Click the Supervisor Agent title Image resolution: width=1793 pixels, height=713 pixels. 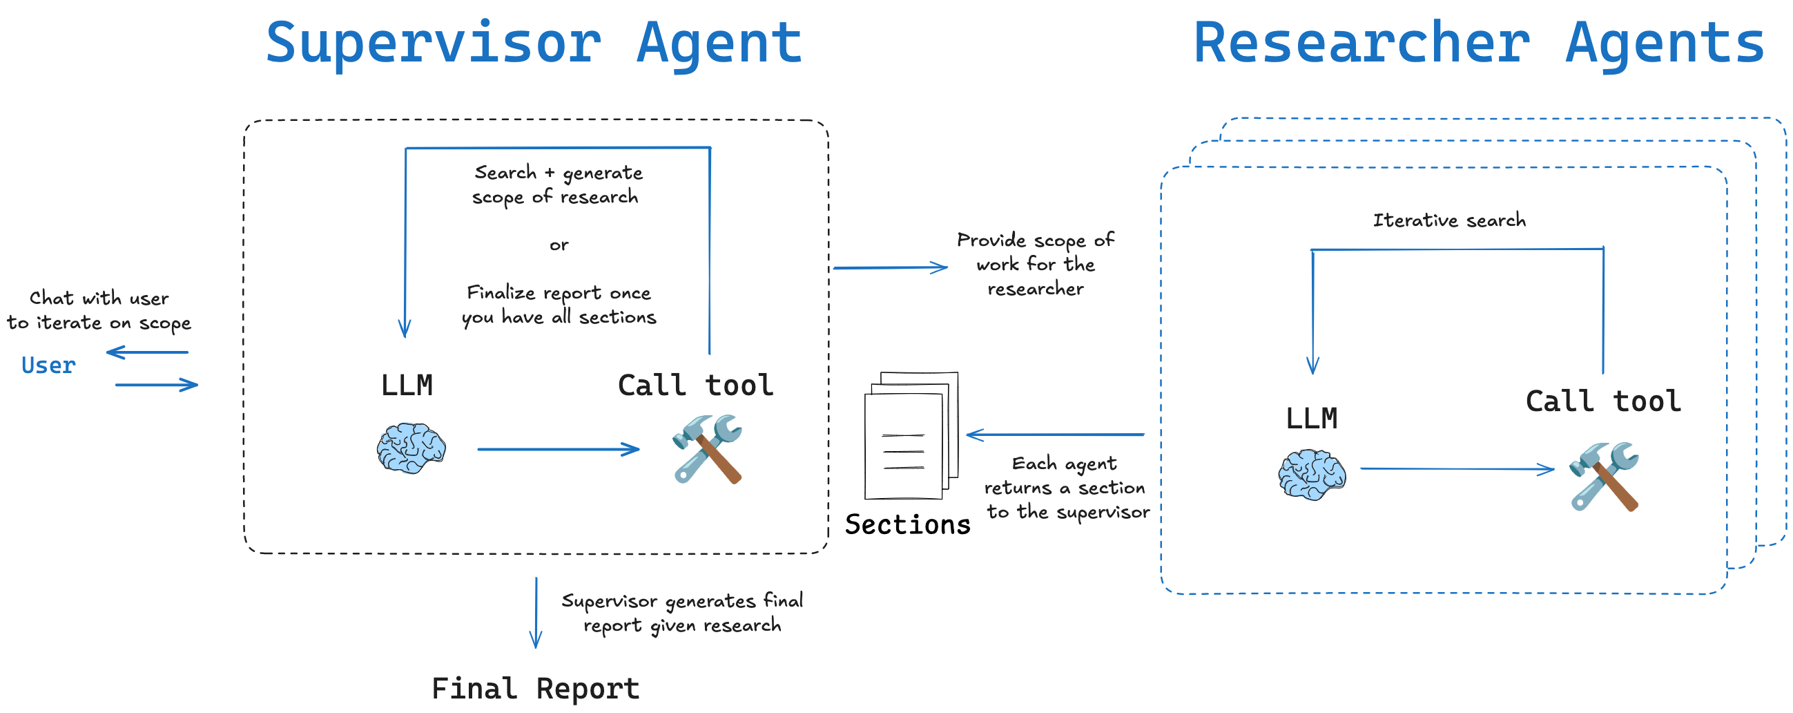coord(534,43)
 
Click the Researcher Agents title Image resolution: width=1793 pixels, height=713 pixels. coord(1478,43)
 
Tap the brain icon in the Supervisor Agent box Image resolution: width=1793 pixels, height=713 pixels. coord(411,448)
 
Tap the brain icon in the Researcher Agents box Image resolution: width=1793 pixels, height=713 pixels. coord(1312,475)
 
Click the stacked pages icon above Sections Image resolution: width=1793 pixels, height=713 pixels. coord(911,436)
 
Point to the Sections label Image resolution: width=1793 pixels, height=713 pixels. coord(907,524)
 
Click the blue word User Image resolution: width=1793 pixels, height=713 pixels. coord(48,365)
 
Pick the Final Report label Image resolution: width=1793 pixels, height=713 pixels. coord(535,689)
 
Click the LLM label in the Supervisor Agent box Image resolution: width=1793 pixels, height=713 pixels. coord(407,385)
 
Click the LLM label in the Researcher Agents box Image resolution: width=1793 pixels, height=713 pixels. coord(1311,418)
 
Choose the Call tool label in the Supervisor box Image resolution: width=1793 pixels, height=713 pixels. coord(695,385)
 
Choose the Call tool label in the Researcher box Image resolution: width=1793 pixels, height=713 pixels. coord(1603,401)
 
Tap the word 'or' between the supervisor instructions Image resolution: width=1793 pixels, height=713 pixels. coord(559,245)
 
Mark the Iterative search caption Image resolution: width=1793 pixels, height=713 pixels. coord(1449,220)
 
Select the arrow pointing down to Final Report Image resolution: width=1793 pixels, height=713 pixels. coord(536,613)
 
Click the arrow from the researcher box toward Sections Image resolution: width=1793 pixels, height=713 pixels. coord(1054,435)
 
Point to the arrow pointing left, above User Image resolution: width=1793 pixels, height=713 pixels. coord(148,352)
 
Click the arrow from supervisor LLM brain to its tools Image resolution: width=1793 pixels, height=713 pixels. coord(559,449)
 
